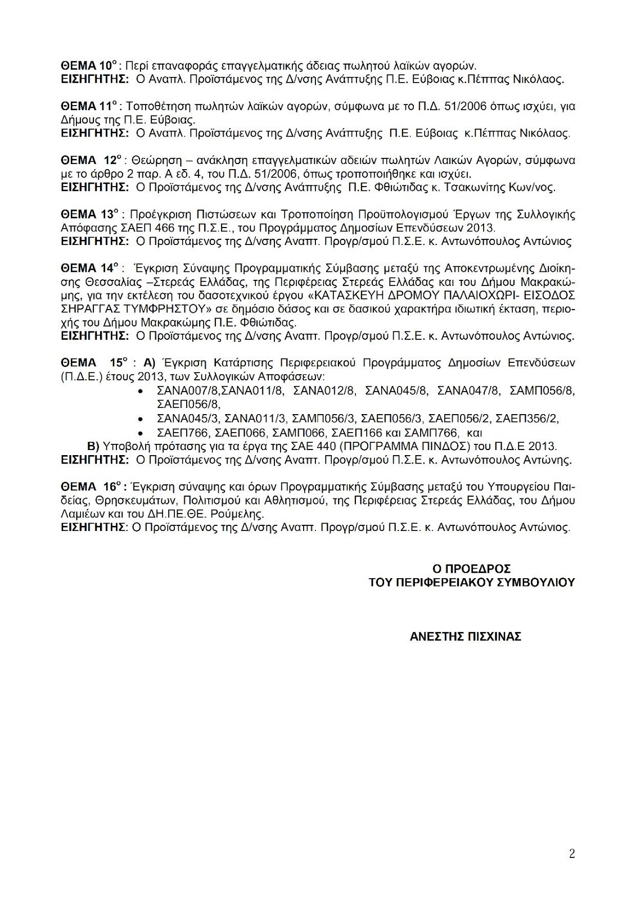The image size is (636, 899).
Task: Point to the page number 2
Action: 572,855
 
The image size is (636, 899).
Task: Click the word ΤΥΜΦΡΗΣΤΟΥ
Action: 165,309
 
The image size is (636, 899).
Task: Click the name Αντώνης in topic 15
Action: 549,460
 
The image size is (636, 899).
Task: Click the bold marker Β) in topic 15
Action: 93,446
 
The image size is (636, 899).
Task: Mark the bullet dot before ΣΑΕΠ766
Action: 140,433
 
